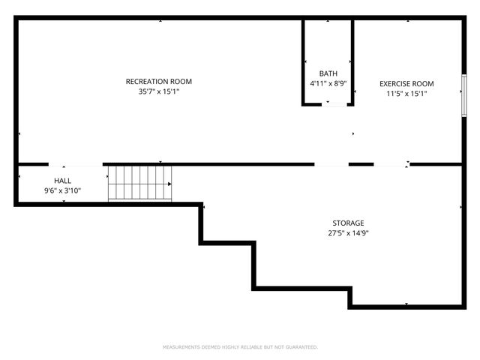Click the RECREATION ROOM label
point(158,81)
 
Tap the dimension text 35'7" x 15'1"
point(158,91)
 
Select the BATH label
point(328,73)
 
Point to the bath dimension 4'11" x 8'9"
point(328,83)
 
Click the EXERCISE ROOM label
point(406,83)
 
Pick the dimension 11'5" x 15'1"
point(406,94)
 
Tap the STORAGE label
point(348,223)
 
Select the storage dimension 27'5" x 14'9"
point(348,233)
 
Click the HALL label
point(62,181)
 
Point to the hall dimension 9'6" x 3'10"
point(62,191)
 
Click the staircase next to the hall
point(139,184)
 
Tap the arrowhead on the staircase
point(169,184)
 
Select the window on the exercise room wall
point(464,94)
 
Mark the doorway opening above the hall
point(76,164)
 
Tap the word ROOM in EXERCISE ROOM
point(423,83)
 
